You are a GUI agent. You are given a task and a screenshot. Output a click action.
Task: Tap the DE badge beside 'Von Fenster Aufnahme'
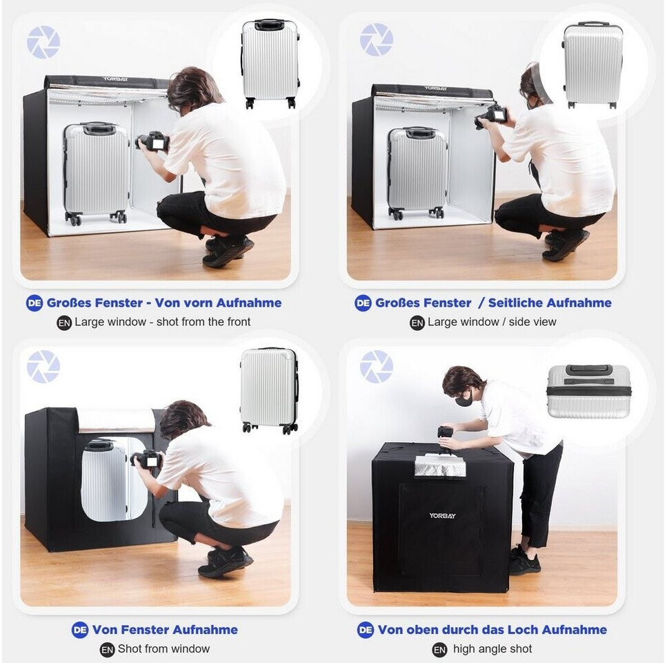[79, 630]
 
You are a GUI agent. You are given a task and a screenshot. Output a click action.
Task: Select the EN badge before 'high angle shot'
[439, 649]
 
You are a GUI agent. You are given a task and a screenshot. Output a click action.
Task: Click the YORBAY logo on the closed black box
[442, 516]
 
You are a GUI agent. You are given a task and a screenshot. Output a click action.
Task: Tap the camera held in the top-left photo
[152, 142]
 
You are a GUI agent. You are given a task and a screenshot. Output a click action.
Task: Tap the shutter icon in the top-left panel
[43, 41]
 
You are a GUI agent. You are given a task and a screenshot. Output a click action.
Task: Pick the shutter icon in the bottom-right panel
[376, 366]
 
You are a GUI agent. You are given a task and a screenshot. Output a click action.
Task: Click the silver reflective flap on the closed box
[440, 465]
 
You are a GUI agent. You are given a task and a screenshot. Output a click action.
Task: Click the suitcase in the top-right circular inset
[592, 66]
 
